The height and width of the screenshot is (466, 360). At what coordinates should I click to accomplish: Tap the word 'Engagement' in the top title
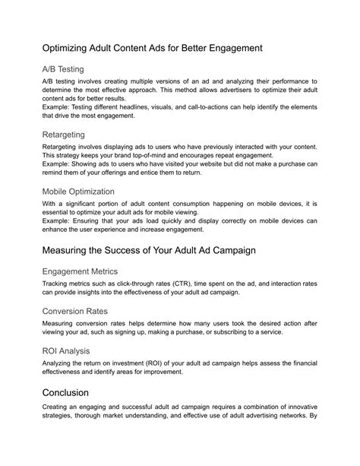pyautogui.click(x=229, y=47)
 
